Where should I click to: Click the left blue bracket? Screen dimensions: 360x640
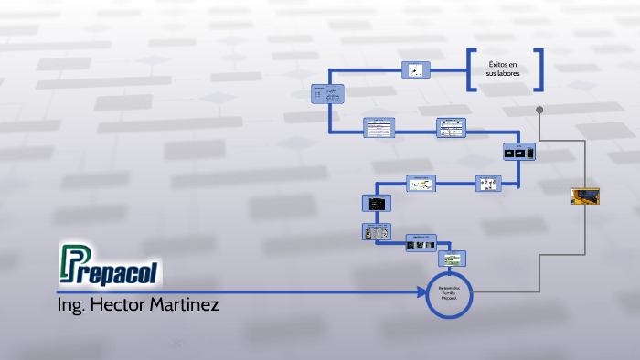[x=472, y=69]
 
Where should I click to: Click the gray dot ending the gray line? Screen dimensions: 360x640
[x=539, y=110]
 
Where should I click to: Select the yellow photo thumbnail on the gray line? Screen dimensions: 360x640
[x=584, y=196]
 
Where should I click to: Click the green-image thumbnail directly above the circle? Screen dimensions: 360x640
[x=451, y=258]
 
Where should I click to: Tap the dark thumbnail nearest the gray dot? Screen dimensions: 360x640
[x=517, y=153]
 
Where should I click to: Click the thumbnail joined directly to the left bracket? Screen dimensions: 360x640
[x=416, y=70]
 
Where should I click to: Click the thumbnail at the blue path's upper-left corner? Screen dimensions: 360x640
[x=326, y=94]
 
